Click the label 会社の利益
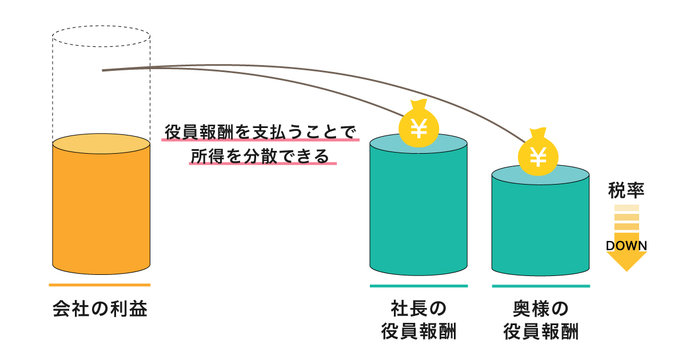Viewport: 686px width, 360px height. pos(100,309)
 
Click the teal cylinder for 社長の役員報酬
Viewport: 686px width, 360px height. pos(418,208)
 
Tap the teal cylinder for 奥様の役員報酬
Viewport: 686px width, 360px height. pos(541,223)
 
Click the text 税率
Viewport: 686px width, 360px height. pos(627,190)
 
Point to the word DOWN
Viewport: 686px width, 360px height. pos(627,246)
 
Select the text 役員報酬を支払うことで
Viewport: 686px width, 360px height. pos(260,132)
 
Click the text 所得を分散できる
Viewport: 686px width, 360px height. pos(260,156)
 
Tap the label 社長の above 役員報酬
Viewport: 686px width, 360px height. pos(418,309)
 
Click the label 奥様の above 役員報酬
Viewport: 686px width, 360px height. pos(541,309)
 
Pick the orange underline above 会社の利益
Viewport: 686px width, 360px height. pos(100,285)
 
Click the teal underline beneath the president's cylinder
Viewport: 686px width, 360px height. pos(419,286)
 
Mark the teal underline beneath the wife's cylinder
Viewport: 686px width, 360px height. pos(541,286)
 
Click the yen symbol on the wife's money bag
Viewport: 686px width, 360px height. pos(538,157)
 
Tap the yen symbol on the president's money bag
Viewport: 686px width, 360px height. pos(418,129)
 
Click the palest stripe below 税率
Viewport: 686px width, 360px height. pos(627,208)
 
